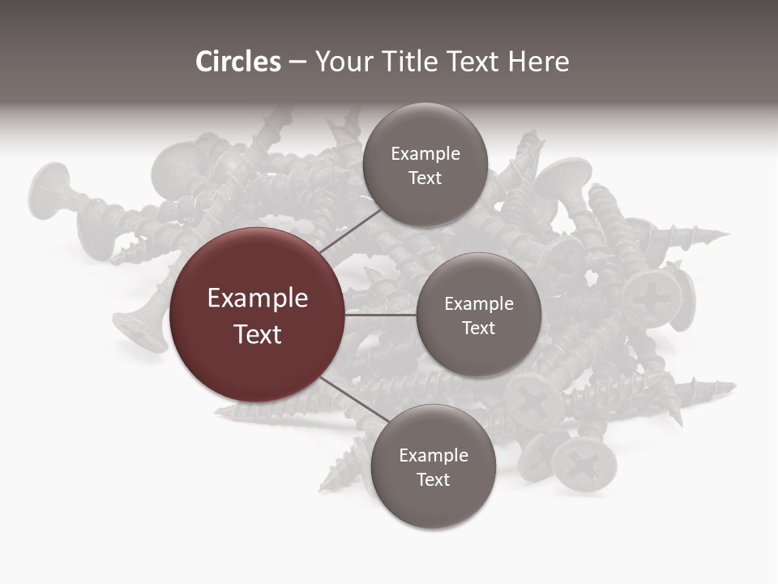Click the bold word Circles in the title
tap(237, 62)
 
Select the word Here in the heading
tap(539, 62)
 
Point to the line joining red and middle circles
tap(381, 315)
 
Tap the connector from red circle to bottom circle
tap(350, 398)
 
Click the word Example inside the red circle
tap(258, 298)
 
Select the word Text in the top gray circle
tap(425, 178)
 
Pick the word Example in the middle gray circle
tap(479, 304)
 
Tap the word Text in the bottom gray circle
tap(433, 480)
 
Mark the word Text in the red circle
tap(258, 334)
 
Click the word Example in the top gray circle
tap(425, 154)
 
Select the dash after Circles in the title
tap(297, 62)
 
